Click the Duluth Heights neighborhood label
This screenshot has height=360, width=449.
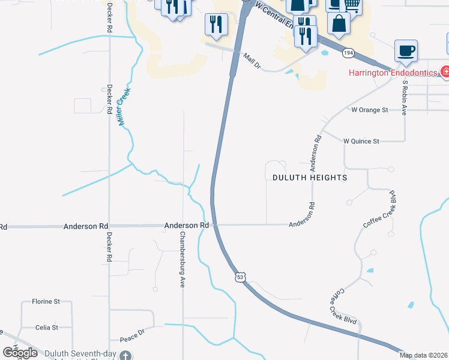click(x=310, y=178)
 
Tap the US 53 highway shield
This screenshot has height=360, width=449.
click(x=240, y=277)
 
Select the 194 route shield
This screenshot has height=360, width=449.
click(x=348, y=53)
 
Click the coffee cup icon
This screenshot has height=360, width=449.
click(x=406, y=50)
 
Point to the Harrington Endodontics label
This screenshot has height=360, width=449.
click(x=393, y=73)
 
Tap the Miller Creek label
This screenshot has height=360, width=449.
click(x=124, y=107)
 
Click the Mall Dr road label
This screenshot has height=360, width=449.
click(x=252, y=61)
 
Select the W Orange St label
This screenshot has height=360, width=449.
click(x=370, y=110)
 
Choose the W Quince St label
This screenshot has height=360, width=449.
click(x=361, y=141)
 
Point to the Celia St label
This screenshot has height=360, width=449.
click(x=46, y=328)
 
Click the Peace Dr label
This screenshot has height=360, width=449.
click(x=133, y=331)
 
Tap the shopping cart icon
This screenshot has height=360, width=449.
click(x=353, y=5)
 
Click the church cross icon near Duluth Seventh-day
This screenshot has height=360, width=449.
click(x=125, y=355)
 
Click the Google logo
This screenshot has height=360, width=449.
click(x=20, y=353)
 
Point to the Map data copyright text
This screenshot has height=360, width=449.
click(x=424, y=355)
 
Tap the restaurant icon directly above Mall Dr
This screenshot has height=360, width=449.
click(x=214, y=24)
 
